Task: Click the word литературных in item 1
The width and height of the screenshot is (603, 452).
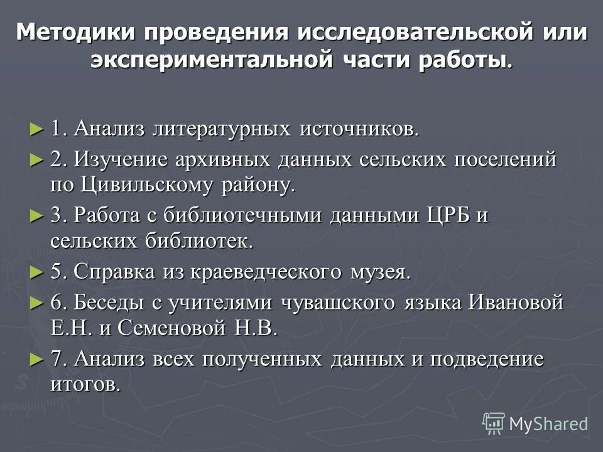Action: (242, 129)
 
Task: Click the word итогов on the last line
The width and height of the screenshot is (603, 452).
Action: (85, 384)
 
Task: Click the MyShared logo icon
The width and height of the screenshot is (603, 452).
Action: (494, 424)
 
